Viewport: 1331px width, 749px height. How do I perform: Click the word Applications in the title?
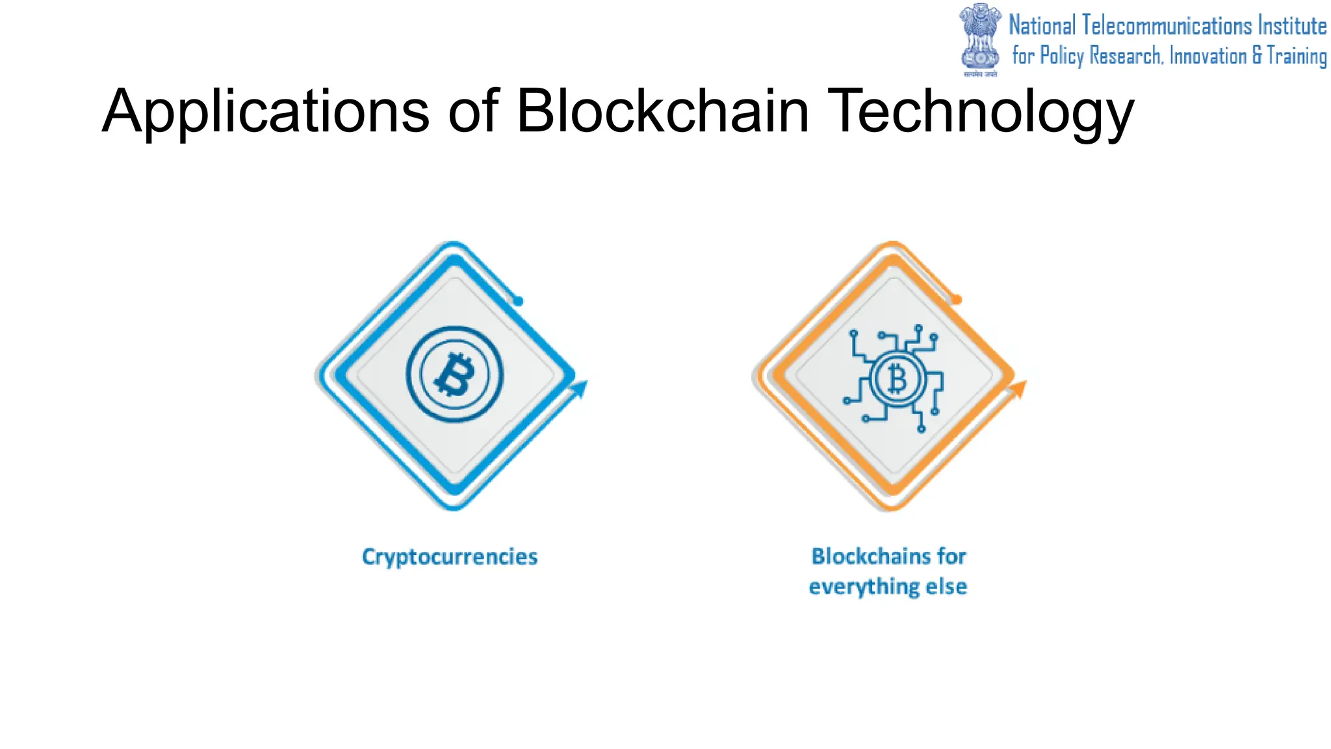tap(265, 112)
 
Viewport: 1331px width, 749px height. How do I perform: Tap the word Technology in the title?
tap(981, 112)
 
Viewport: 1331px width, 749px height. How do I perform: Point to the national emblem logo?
tap(980, 39)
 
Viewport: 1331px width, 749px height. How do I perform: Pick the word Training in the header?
tap(1297, 56)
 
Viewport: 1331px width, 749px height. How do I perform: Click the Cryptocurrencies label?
tap(450, 557)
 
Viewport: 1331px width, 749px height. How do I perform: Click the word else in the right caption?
tap(946, 586)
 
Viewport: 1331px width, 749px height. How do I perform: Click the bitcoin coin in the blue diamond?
tap(454, 374)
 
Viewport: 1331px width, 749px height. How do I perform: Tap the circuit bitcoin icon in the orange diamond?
tap(895, 378)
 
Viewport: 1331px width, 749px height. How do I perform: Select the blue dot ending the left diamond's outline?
tap(519, 301)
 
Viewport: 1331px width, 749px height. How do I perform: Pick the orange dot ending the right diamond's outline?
tap(957, 300)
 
